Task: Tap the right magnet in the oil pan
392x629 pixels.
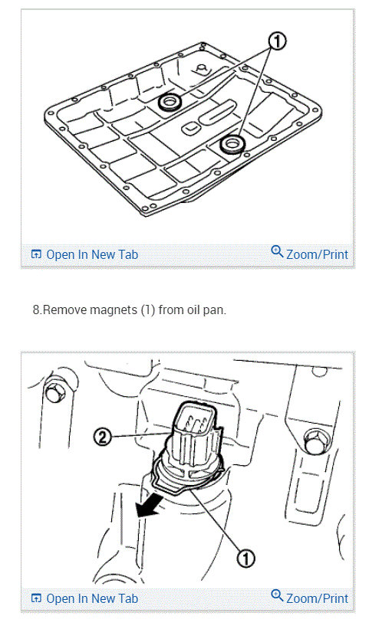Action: click(x=231, y=144)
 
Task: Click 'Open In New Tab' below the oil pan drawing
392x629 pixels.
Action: click(x=91, y=254)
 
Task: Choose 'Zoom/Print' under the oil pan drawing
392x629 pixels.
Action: click(x=316, y=254)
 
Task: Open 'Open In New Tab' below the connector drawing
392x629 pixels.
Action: click(x=91, y=598)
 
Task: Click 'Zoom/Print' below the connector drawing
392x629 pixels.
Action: click(x=316, y=598)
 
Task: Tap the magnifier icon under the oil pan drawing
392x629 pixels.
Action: click(x=278, y=252)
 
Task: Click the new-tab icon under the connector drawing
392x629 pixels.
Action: click(x=36, y=598)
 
